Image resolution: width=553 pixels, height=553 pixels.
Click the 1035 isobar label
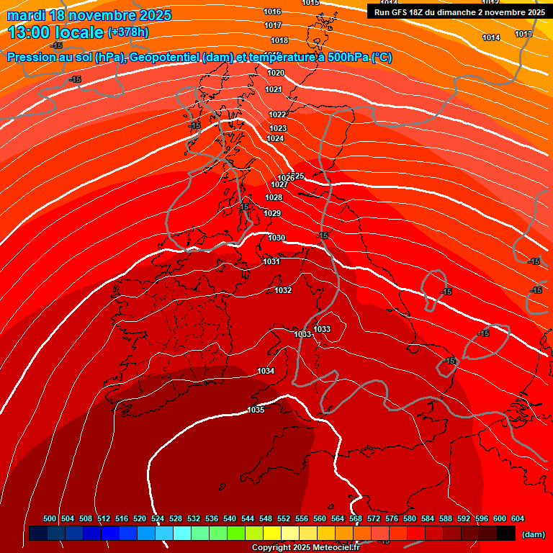[256, 410]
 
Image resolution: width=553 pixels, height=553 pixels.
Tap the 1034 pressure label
[266, 371]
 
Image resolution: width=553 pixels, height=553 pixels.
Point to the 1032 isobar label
[283, 290]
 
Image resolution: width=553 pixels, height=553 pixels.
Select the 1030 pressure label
[276, 238]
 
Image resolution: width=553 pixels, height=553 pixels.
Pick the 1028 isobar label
[274, 197]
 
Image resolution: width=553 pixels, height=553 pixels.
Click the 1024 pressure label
[275, 138]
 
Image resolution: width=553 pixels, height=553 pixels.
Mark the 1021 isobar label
[273, 89]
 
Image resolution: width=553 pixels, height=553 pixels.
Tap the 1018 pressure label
[279, 40]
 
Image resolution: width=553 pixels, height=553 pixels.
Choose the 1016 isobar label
[272, 12]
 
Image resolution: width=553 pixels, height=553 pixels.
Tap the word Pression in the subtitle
[31, 58]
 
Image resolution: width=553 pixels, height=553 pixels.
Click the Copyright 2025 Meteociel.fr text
[305, 547]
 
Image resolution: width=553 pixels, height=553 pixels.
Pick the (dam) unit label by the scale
[532, 534]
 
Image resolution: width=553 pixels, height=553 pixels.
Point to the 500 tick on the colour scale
[50, 518]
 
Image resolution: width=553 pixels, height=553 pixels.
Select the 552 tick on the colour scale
[284, 518]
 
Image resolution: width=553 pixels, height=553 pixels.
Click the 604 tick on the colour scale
[517, 518]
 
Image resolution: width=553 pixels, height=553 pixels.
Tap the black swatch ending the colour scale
[505, 534]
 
